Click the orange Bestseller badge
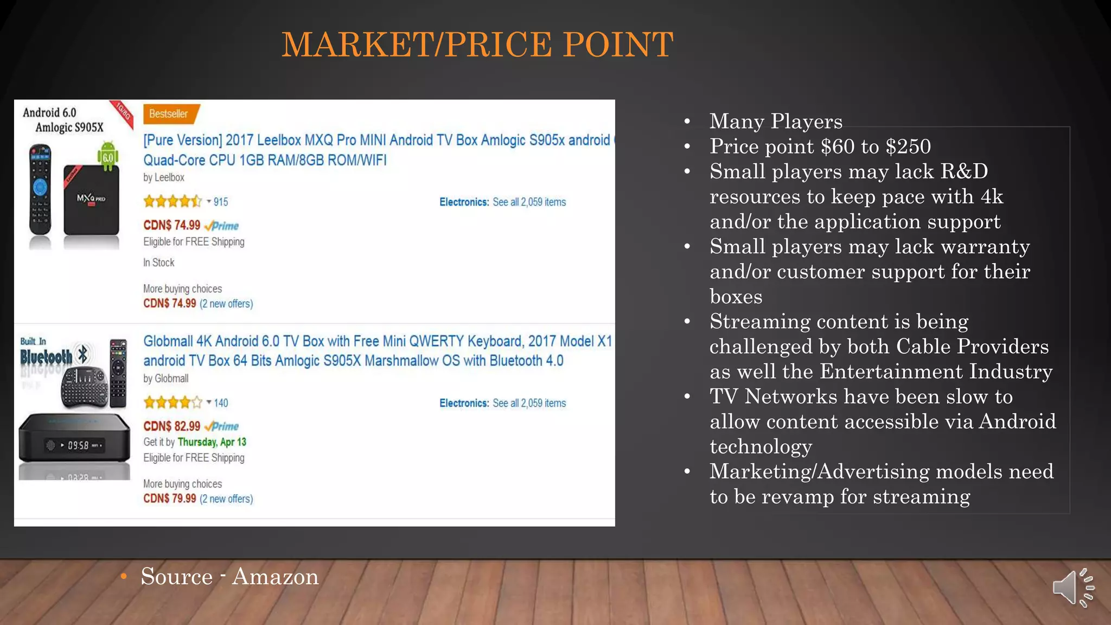(169, 114)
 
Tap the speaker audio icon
(1072, 588)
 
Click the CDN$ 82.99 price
(171, 426)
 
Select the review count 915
(221, 202)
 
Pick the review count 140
(221, 403)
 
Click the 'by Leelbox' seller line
(163, 177)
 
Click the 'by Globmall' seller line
(165, 379)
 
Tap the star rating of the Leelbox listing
(172, 202)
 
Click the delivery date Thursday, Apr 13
(212, 442)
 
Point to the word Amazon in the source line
(275, 577)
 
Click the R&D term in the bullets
(964, 171)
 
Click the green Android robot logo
(108, 156)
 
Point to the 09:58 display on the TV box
(78, 445)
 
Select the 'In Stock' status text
(158, 263)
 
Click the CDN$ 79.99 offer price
(169, 499)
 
